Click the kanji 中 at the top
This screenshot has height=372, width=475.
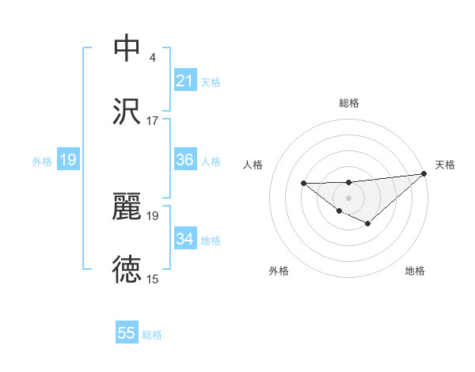tap(127, 48)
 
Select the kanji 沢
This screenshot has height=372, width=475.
tap(127, 110)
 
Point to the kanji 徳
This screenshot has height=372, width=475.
tap(127, 269)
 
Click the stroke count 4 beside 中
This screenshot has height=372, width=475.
tap(152, 59)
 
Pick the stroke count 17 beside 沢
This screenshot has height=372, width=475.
tap(153, 120)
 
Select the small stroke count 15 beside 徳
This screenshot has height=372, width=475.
tap(153, 279)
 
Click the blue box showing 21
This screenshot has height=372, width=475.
tap(185, 81)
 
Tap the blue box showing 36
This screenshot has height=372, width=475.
tap(185, 160)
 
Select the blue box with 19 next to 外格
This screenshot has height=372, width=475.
tap(68, 161)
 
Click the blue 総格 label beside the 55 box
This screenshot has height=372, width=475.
tap(152, 335)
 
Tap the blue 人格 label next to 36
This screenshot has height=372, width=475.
tap(211, 161)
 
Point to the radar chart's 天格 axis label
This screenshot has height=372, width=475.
tap(445, 165)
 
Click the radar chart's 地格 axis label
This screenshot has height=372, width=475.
tap(415, 271)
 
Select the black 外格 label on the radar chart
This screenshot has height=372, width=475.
tap(279, 271)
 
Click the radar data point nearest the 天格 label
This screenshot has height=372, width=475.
tap(424, 174)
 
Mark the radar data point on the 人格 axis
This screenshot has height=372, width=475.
tap(304, 184)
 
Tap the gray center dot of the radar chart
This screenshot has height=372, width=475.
tap(348, 197)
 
